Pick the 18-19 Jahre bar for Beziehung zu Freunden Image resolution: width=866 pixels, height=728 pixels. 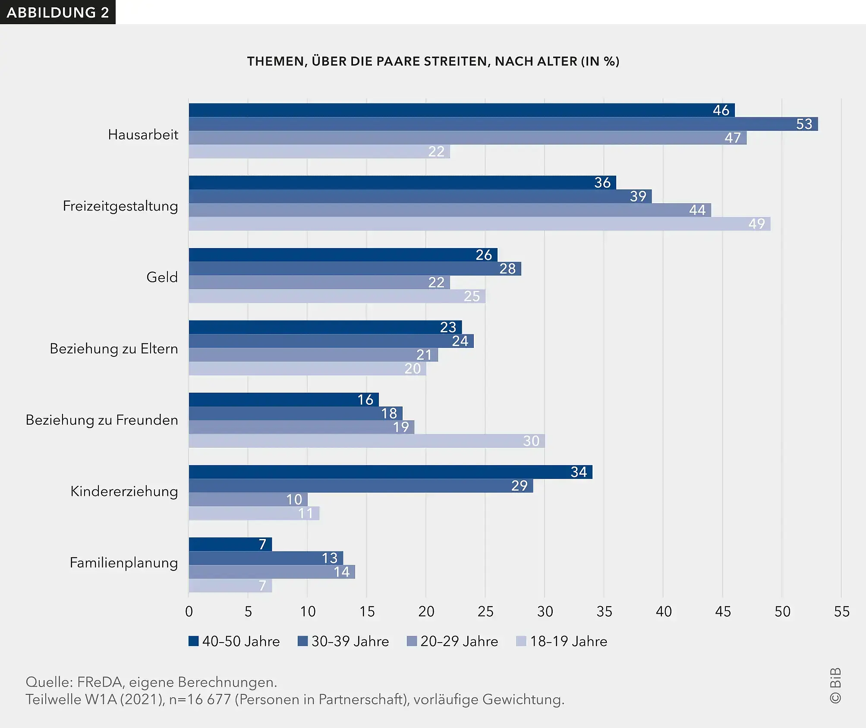click(366, 441)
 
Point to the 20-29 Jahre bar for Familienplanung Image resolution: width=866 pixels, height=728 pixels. click(272, 572)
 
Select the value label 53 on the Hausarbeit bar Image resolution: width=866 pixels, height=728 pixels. click(804, 124)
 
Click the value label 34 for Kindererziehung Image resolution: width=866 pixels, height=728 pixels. click(578, 472)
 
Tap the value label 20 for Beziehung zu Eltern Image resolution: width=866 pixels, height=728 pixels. click(412, 369)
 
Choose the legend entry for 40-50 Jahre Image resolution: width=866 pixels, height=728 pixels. click(234, 641)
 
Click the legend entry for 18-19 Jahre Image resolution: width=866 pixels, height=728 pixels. click(562, 641)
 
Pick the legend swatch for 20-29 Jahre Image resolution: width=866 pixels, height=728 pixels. click(412, 641)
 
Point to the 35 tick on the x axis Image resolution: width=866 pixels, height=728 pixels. click(604, 611)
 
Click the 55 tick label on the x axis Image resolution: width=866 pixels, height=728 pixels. click(841, 611)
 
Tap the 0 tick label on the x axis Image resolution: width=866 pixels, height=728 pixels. click(189, 611)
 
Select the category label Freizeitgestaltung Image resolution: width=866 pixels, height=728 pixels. click(120, 206)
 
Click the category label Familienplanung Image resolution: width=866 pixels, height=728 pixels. click(124, 563)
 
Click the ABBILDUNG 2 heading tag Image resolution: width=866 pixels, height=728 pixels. click(58, 13)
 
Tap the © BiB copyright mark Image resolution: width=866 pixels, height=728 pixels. click(835, 686)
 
